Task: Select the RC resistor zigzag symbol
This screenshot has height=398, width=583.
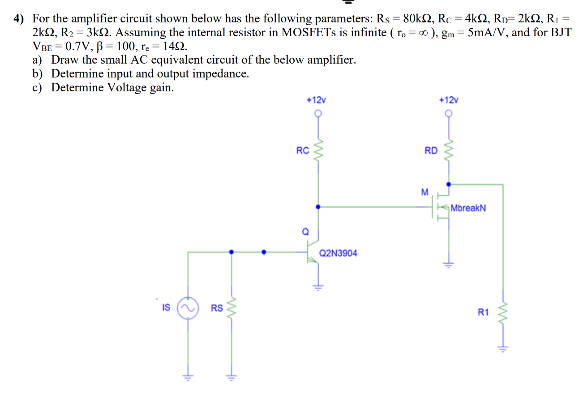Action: (x=318, y=151)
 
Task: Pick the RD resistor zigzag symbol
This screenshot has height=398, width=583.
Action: (x=449, y=151)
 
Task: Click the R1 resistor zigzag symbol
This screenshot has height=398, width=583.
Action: (x=503, y=312)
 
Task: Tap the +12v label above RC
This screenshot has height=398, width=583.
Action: (x=315, y=100)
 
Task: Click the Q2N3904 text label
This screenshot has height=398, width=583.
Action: (x=338, y=253)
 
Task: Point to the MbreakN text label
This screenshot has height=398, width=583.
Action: (x=468, y=208)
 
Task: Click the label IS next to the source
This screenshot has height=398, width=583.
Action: (x=166, y=308)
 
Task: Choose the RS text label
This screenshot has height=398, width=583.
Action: (x=217, y=308)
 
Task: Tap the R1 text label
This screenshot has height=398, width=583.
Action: (x=483, y=312)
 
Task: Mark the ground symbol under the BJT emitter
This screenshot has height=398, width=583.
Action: (x=318, y=287)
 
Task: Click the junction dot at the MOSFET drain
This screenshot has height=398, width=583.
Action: (x=449, y=184)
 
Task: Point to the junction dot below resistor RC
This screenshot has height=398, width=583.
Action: (x=318, y=207)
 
